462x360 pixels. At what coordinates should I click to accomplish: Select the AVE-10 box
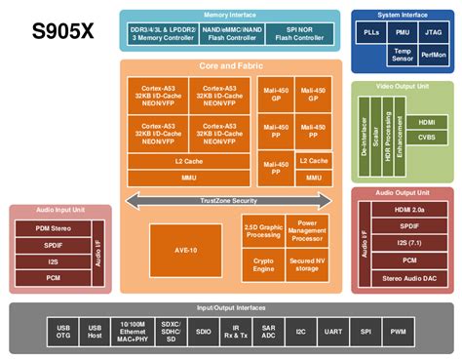185,248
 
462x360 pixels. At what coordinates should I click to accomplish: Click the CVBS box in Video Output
426,139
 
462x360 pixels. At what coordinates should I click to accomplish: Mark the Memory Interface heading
230,16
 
